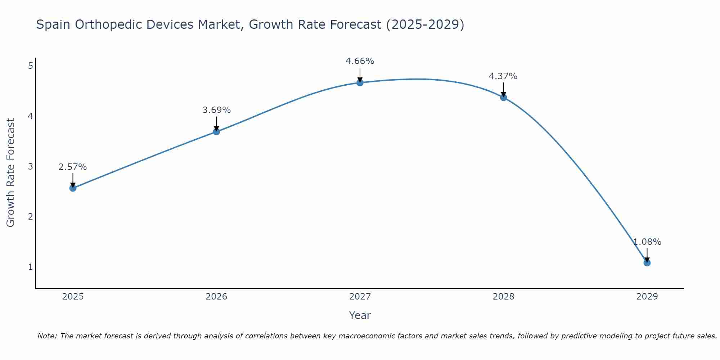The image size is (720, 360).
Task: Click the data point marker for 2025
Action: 73,188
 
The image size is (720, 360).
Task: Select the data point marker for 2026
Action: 216,132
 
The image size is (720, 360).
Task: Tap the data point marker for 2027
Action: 360,83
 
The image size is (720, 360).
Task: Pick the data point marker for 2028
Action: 503,98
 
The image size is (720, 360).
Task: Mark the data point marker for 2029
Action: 647,263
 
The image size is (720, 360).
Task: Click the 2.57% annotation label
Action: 73,167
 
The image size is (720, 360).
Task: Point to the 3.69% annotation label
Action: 216,110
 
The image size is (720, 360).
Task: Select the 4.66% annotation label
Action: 360,61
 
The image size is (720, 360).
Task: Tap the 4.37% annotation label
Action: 503,76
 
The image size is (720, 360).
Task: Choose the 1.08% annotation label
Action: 647,242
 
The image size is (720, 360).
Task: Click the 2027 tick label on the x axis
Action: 360,297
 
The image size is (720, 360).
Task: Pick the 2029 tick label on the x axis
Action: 647,297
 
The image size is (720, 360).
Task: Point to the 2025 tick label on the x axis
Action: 73,297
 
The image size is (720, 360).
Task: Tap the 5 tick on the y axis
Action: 30,66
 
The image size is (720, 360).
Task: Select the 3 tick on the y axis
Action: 30,166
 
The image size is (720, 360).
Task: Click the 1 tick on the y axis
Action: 30,267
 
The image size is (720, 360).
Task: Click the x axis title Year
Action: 360,315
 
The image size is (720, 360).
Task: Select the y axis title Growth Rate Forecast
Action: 11,173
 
